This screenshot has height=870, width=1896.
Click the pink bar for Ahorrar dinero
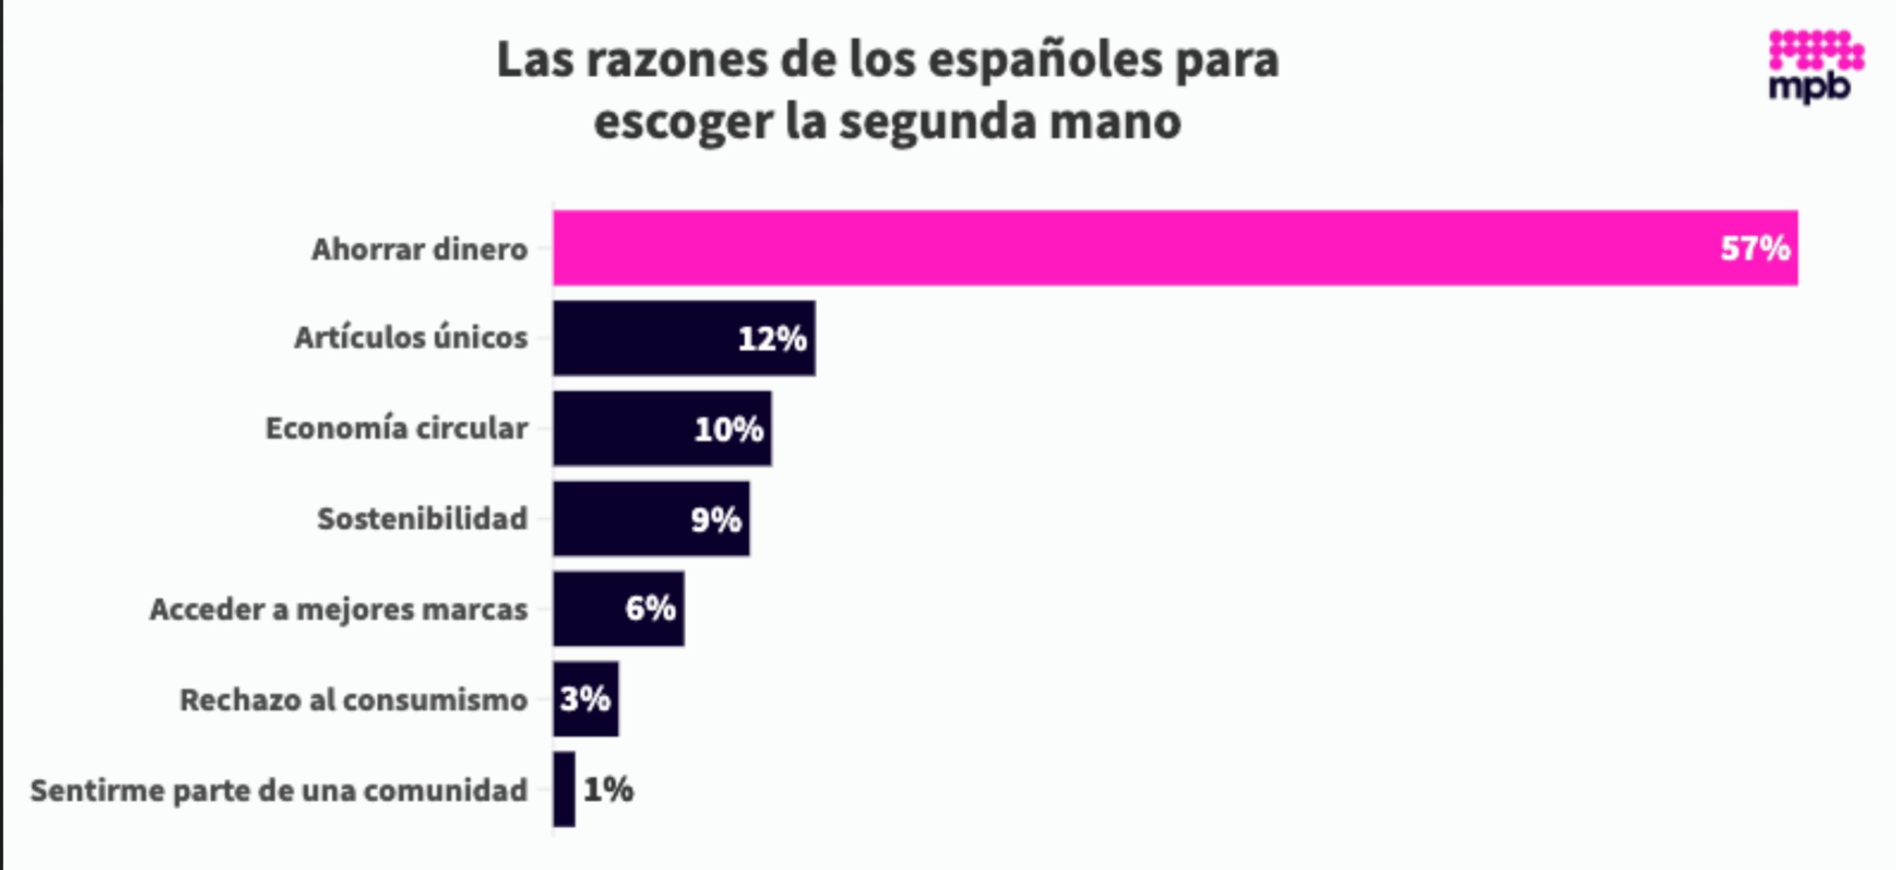point(1104,248)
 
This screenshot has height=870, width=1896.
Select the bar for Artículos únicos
point(640,339)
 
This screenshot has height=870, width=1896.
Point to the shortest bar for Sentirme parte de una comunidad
point(564,789)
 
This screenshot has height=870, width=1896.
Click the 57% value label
point(1755,249)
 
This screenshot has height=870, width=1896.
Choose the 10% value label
point(729,429)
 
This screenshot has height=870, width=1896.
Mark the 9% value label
point(715,519)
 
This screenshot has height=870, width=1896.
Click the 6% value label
point(650,609)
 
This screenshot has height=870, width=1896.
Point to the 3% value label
point(585,699)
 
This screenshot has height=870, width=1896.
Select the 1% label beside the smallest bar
point(608,790)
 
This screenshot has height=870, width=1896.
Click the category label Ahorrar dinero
point(420,250)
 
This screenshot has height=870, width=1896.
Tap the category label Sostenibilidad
point(422,519)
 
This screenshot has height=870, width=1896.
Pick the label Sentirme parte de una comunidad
point(278,790)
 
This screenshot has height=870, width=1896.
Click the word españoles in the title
point(1045,60)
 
